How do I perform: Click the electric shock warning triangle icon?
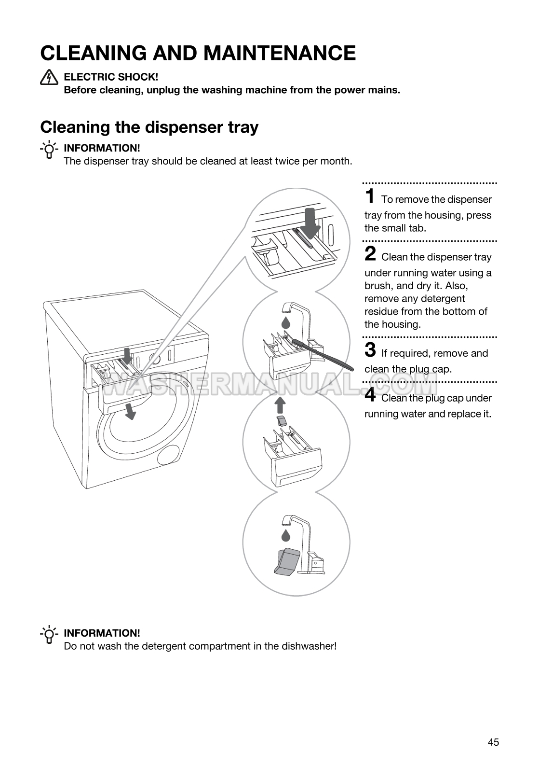coord(49,77)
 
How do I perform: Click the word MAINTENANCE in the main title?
coord(255,53)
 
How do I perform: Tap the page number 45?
coord(493,742)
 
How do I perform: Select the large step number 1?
coord(370,196)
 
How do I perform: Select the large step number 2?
coord(370,254)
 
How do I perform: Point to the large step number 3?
coord(370,350)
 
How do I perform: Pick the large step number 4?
coord(370,395)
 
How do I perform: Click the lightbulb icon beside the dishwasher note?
coord(49,635)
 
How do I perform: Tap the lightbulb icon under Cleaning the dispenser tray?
coord(49,150)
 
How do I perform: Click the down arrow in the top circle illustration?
coord(310,223)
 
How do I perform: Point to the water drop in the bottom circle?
coord(286,535)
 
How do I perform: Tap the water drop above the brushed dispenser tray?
coord(286,322)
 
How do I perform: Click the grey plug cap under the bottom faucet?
coord(287,561)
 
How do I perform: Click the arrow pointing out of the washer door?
coord(130,411)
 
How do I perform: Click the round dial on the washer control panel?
coord(155,359)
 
